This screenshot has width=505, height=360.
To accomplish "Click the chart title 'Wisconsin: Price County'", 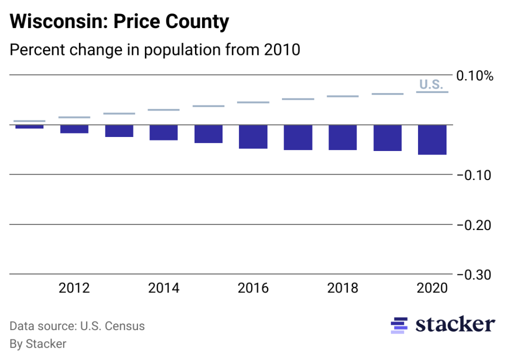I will click(x=119, y=21).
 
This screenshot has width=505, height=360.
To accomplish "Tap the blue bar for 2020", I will click(x=432, y=139).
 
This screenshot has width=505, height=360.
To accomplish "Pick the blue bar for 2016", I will click(x=253, y=136).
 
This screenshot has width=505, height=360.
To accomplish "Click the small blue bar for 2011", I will click(x=29, y=126).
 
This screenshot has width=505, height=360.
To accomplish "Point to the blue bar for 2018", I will click(x=342, y=137).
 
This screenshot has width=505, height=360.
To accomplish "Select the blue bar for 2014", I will click(x=163, y=132).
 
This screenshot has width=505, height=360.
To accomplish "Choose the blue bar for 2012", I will click(x=74, y=129).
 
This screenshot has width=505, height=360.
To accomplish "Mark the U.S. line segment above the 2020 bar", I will click(x=432, y=92).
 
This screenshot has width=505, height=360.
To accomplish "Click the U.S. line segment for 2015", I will click(x=208, y=106).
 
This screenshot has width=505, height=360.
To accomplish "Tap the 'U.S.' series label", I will click(x=431, y=84).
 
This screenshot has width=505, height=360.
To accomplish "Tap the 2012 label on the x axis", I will click(x=74, y=288).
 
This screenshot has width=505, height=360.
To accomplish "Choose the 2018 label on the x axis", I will click(x=342, y=288).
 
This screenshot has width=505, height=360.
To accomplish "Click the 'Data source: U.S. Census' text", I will click(x=77, y=326).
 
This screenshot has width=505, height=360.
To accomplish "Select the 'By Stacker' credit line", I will click(x=38, y=344).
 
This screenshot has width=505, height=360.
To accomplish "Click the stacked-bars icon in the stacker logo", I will click(x=398, y=325).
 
